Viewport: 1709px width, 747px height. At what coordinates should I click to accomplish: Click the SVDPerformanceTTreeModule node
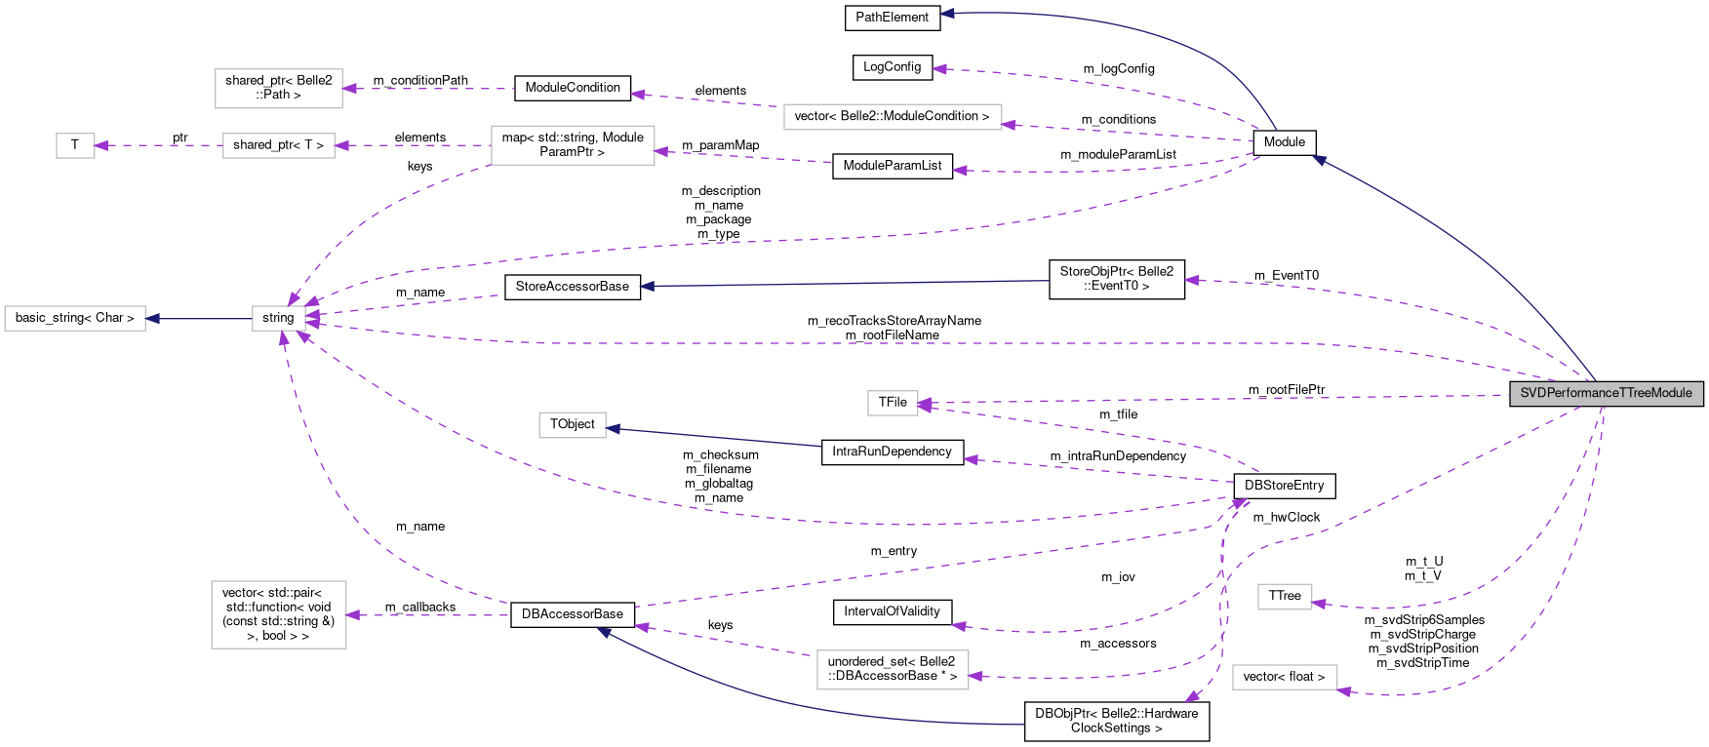coord(1606,393)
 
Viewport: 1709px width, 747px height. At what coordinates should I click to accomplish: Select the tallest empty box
coord(279,614)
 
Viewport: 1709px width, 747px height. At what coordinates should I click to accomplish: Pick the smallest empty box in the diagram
coord(75,145)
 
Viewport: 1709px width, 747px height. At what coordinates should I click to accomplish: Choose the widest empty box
coord(893,117)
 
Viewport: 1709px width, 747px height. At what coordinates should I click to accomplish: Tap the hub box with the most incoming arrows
coord(279,318)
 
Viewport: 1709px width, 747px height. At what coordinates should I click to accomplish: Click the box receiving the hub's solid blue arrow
coord(75,319)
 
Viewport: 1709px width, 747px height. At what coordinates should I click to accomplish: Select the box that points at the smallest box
coord(279,145)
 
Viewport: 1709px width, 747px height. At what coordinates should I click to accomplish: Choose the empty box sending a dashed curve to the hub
coord(573,145)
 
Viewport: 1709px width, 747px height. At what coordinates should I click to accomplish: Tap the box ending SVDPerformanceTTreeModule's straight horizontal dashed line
coord(893,403)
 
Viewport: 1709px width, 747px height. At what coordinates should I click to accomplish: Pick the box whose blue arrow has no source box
coord(573,425)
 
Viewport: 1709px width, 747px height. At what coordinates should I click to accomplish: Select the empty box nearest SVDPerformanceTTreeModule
coord(1285,597)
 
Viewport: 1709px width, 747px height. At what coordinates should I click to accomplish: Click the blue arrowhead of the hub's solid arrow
coord(152,319)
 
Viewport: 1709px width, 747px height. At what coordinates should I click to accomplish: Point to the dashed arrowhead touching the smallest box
coord(100,145)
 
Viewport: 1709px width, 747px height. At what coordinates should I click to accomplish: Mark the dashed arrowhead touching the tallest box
coord(352,615)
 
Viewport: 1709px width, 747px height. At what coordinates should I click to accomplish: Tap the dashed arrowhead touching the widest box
coord(1009,125)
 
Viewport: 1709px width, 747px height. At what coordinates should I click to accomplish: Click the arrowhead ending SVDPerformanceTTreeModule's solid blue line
coord(1318,159)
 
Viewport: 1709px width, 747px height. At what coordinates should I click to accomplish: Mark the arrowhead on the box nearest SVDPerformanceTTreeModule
coord(1318,604)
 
